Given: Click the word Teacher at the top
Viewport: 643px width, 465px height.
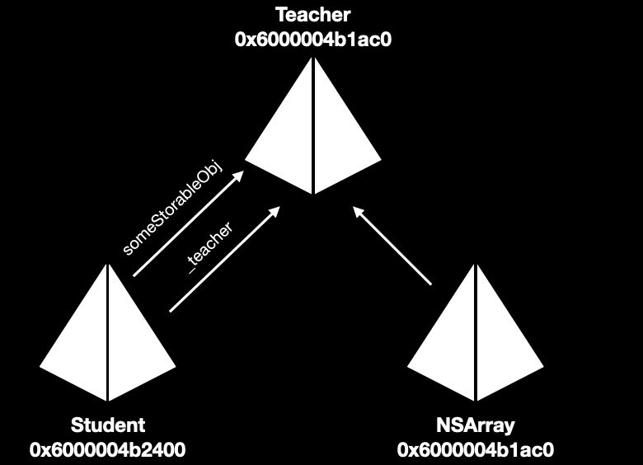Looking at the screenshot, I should [x=312, y=14].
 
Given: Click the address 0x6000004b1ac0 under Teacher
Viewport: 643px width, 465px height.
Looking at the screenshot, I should [x=312, y=38].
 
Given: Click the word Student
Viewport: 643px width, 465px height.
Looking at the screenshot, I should [x=108, y=425].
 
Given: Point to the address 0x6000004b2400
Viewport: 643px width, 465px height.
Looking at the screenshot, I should [x=108, y=449].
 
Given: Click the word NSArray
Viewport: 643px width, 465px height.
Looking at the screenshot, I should [x=476, y=425].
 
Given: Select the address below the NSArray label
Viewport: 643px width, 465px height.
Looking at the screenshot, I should [x=476, y=449].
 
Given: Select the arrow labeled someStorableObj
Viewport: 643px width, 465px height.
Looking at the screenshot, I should [x=189, y=224].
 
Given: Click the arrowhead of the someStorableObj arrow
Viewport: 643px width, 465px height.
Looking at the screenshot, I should [x=242, y=176].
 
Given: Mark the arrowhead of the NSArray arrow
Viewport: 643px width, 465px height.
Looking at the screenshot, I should [x=356, y=209].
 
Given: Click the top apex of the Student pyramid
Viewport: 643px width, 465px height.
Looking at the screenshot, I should [x=108, y=265].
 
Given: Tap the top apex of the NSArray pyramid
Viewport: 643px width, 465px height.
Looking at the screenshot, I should [x=476, y=265].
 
